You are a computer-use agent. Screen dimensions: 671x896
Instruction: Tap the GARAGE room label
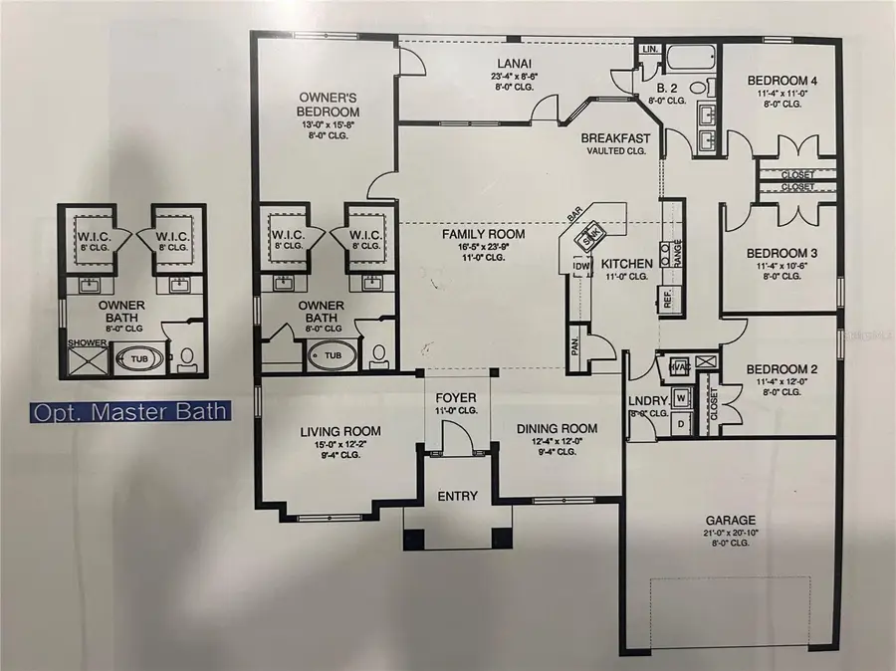(x=731, y=520)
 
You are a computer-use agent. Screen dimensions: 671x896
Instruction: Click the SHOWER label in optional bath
(x=86, y=341)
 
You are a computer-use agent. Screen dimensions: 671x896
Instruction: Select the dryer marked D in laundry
(x=682, y=423)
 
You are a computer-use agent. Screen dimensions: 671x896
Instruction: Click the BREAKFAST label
(x=616, y=138)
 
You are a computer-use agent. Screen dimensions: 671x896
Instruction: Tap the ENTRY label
(x=457, y=496)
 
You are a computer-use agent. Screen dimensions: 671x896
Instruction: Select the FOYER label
(x=457, y=396)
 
